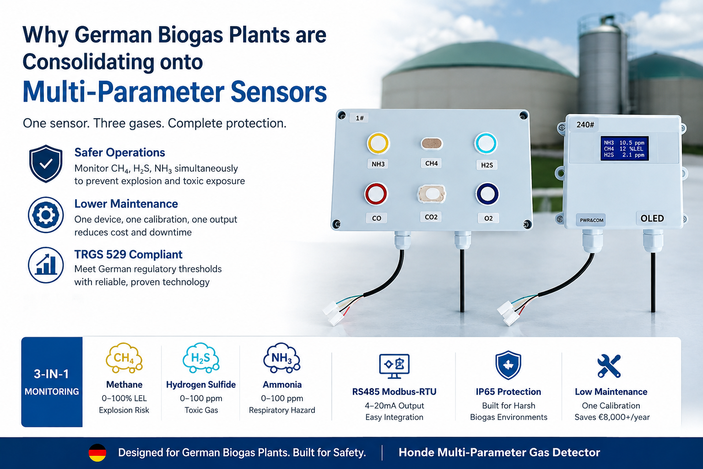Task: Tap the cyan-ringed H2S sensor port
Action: click(x=486, y=143)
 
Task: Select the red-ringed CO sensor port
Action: click(x=376, y=194)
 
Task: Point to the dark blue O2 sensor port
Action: click(x=487, y=194)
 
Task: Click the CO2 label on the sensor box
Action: click(x=431, y=217)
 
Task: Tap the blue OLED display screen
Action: click(x=625, y=148)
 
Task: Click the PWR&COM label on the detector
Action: click(x=591, y=220)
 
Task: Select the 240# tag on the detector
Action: click(x=585, y=125)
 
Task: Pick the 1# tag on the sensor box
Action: click(x=359, y=118)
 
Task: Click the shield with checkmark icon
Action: click(x=46, y=164)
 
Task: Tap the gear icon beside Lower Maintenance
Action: click(x=46, y=215)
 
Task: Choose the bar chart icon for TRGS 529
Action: click(x=46, y=265)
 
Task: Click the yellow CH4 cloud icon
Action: click(x=124, y=358)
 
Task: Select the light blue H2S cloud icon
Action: click(x=201, y=358)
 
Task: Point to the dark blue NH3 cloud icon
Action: click(x=282, y=358)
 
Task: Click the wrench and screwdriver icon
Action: click(x=609, y=366)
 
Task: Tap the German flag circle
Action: click(x=97, y=453)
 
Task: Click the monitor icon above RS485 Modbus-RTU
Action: click(x=394, y=366)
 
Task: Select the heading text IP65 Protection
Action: click(x=508, y=392)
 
